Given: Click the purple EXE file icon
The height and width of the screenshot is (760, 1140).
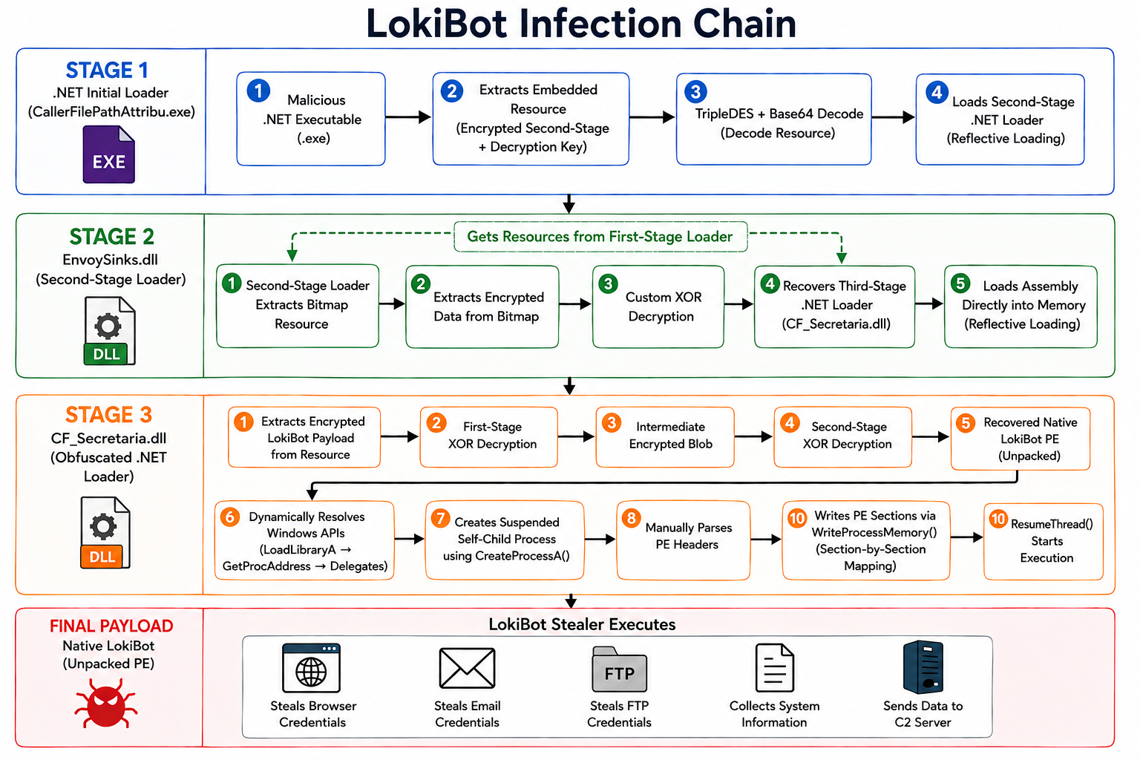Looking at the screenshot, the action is point(108,155).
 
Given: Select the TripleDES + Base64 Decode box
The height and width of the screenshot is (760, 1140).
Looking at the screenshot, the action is point(773,119).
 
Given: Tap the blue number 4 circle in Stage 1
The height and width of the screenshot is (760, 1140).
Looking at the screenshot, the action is point(937,93).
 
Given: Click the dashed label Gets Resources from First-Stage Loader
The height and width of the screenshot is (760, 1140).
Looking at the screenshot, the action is point(600,237).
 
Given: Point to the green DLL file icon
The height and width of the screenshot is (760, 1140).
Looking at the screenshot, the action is point(109,331).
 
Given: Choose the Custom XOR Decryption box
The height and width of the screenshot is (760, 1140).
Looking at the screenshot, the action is point(658,307).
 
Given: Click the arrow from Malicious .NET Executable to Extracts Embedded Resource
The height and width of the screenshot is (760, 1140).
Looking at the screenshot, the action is point(408,117).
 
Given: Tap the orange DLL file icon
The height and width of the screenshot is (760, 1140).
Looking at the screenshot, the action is point(105,532).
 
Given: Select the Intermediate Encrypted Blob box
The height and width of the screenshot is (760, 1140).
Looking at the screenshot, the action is point(665,436).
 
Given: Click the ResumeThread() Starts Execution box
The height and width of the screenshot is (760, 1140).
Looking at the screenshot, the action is point(1044,541).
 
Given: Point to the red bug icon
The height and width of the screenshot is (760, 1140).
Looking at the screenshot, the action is point(106,703).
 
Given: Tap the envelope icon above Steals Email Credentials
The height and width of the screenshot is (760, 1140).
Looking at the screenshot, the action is point(467,668).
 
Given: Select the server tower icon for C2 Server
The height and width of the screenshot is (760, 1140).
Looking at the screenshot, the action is point(923,667).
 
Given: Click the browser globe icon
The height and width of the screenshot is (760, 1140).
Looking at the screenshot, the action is point(311,668).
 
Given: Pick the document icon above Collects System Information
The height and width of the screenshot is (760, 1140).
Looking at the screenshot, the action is point(774,668).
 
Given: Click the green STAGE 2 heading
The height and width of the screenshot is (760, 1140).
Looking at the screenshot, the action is point(111,237).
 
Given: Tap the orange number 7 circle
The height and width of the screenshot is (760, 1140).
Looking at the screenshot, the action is point(440,519).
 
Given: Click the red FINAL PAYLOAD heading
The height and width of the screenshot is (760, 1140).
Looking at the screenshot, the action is point(111,626).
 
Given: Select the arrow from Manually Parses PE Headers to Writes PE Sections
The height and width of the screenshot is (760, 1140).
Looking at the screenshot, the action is point(766,539).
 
